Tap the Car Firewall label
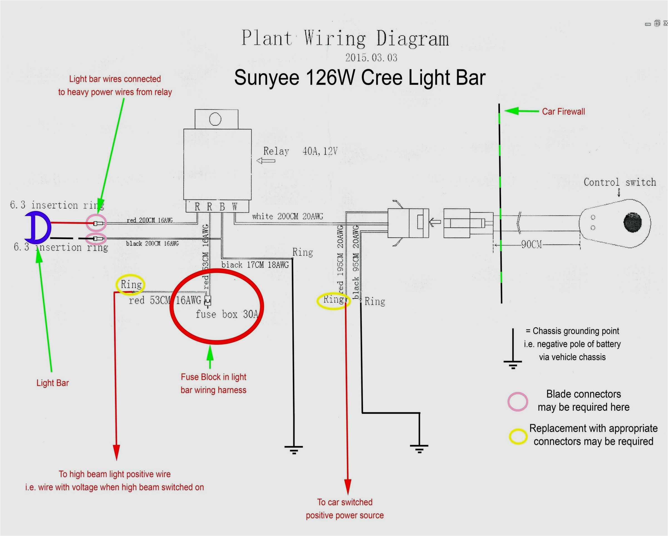pos(563,112)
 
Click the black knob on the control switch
pos(632,222)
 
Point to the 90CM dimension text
pos(531,245)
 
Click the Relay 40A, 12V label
pos(300,151)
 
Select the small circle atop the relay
pos(215,119)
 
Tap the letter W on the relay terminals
pos(235,207)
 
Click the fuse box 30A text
pos(227,315)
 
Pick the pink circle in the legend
pos(517,402)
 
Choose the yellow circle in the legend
pos(518,437)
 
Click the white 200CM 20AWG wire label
pos(287,216)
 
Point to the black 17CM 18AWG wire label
pos(255,265)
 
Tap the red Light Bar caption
pos(52,383)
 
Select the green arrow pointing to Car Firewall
pos(521,111)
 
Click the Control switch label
pos(620,182)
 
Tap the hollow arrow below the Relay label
pos(266,161)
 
